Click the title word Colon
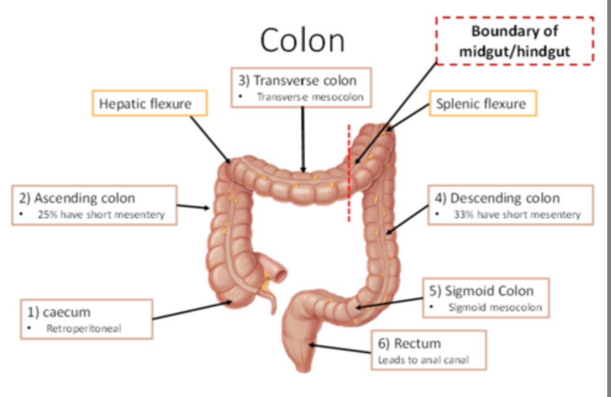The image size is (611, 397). (x=302, y=40)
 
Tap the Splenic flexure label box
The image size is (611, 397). (x=481, y=104)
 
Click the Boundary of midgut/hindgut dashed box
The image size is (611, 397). (x=515, y=41)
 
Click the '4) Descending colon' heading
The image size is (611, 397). (x=505, y=198)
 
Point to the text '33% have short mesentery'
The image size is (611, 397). (x=517, y=215)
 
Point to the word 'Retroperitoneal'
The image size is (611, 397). (x=84, y=328)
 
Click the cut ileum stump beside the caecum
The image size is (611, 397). (x=280, y=271)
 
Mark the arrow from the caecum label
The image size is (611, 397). (x=192, y=310)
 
